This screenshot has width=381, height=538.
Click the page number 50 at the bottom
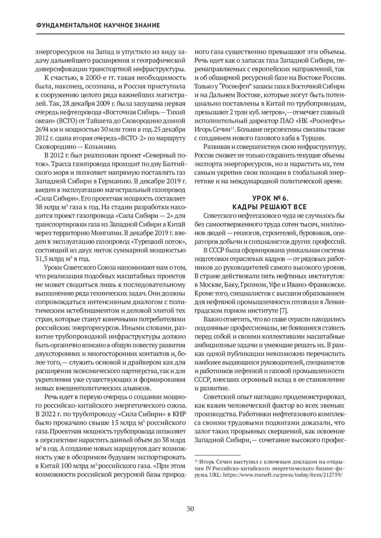[190, 509]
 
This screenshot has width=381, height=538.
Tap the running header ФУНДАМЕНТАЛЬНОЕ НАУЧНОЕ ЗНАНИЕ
[98, 25]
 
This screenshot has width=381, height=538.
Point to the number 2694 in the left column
[41, 130]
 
